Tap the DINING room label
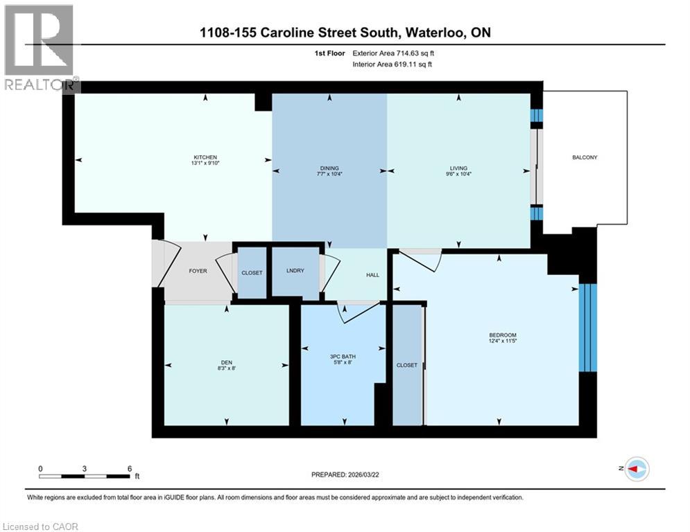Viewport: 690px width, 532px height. (329, 168)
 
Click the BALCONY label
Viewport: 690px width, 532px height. (585, 157)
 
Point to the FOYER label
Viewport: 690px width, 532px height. (198, 271)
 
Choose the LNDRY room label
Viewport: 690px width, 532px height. (295, 271)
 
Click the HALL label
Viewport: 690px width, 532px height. (372, 275)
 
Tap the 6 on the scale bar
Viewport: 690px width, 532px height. (129, 468)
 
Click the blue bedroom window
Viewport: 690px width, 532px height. (587, 327)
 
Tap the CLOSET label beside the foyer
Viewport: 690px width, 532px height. (252, 273)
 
